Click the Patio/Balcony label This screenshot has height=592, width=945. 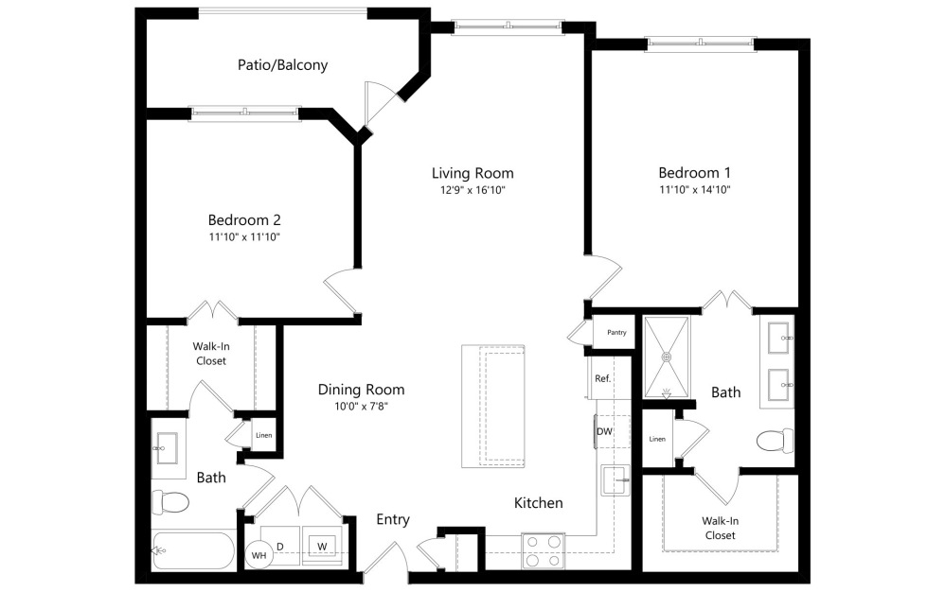click(282, 65)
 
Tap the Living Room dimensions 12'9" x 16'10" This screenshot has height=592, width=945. click(472, 190)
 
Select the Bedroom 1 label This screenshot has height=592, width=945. click(694, 173)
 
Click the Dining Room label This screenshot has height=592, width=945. click(361, 390)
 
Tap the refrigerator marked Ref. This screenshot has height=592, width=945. click(602, 378)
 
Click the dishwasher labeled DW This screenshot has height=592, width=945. click(605, 432)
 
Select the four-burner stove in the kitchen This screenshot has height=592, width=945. click(543, 550)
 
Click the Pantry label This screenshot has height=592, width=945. click(615, 333)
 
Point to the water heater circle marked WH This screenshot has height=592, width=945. click(259, 556)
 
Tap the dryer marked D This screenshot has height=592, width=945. click(281, 546)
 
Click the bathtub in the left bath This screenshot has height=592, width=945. click(194, 551)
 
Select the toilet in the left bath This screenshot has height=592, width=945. click(169, 502)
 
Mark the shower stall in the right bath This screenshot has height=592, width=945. click(668, 357)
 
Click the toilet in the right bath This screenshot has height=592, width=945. click(776, 441)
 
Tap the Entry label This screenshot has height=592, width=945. click(393, 519)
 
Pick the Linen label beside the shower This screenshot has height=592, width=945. click(657, 439)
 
